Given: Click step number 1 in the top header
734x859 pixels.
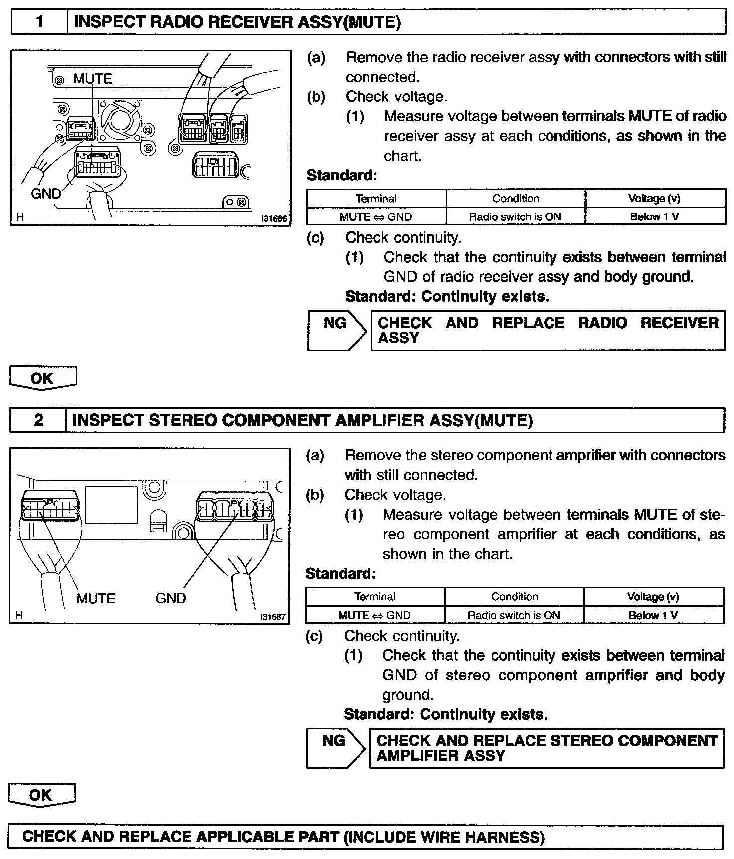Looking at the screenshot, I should click(39, 22).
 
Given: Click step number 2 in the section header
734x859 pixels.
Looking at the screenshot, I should click(38, 420).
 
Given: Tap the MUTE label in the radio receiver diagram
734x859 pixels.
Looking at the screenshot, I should click(93, 79).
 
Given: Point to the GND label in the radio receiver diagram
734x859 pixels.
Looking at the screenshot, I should click(46, 193).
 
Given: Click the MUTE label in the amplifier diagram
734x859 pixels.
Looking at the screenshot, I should click(96, 598).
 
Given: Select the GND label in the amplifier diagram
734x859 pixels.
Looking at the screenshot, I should click(171, 598).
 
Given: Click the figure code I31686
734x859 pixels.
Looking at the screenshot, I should click(274, 218).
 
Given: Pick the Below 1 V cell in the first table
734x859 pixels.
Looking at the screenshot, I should click(655, 217).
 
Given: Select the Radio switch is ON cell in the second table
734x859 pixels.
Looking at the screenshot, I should click(514, 615).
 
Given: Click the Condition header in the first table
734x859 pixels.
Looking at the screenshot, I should click(516, 199).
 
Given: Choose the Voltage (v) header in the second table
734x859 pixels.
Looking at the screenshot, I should click(653, 597).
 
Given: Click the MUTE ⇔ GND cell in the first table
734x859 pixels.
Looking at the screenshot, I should click(376, 217).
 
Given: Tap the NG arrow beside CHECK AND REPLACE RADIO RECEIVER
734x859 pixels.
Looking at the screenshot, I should click(337, 330).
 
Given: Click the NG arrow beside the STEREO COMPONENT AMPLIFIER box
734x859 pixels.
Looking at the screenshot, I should click(336, 747).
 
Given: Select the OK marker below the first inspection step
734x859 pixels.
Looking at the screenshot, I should click(43, 378).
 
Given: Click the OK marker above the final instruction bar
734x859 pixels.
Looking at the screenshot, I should click(42, 794).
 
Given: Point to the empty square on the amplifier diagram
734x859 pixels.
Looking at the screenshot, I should click(111, 505).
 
